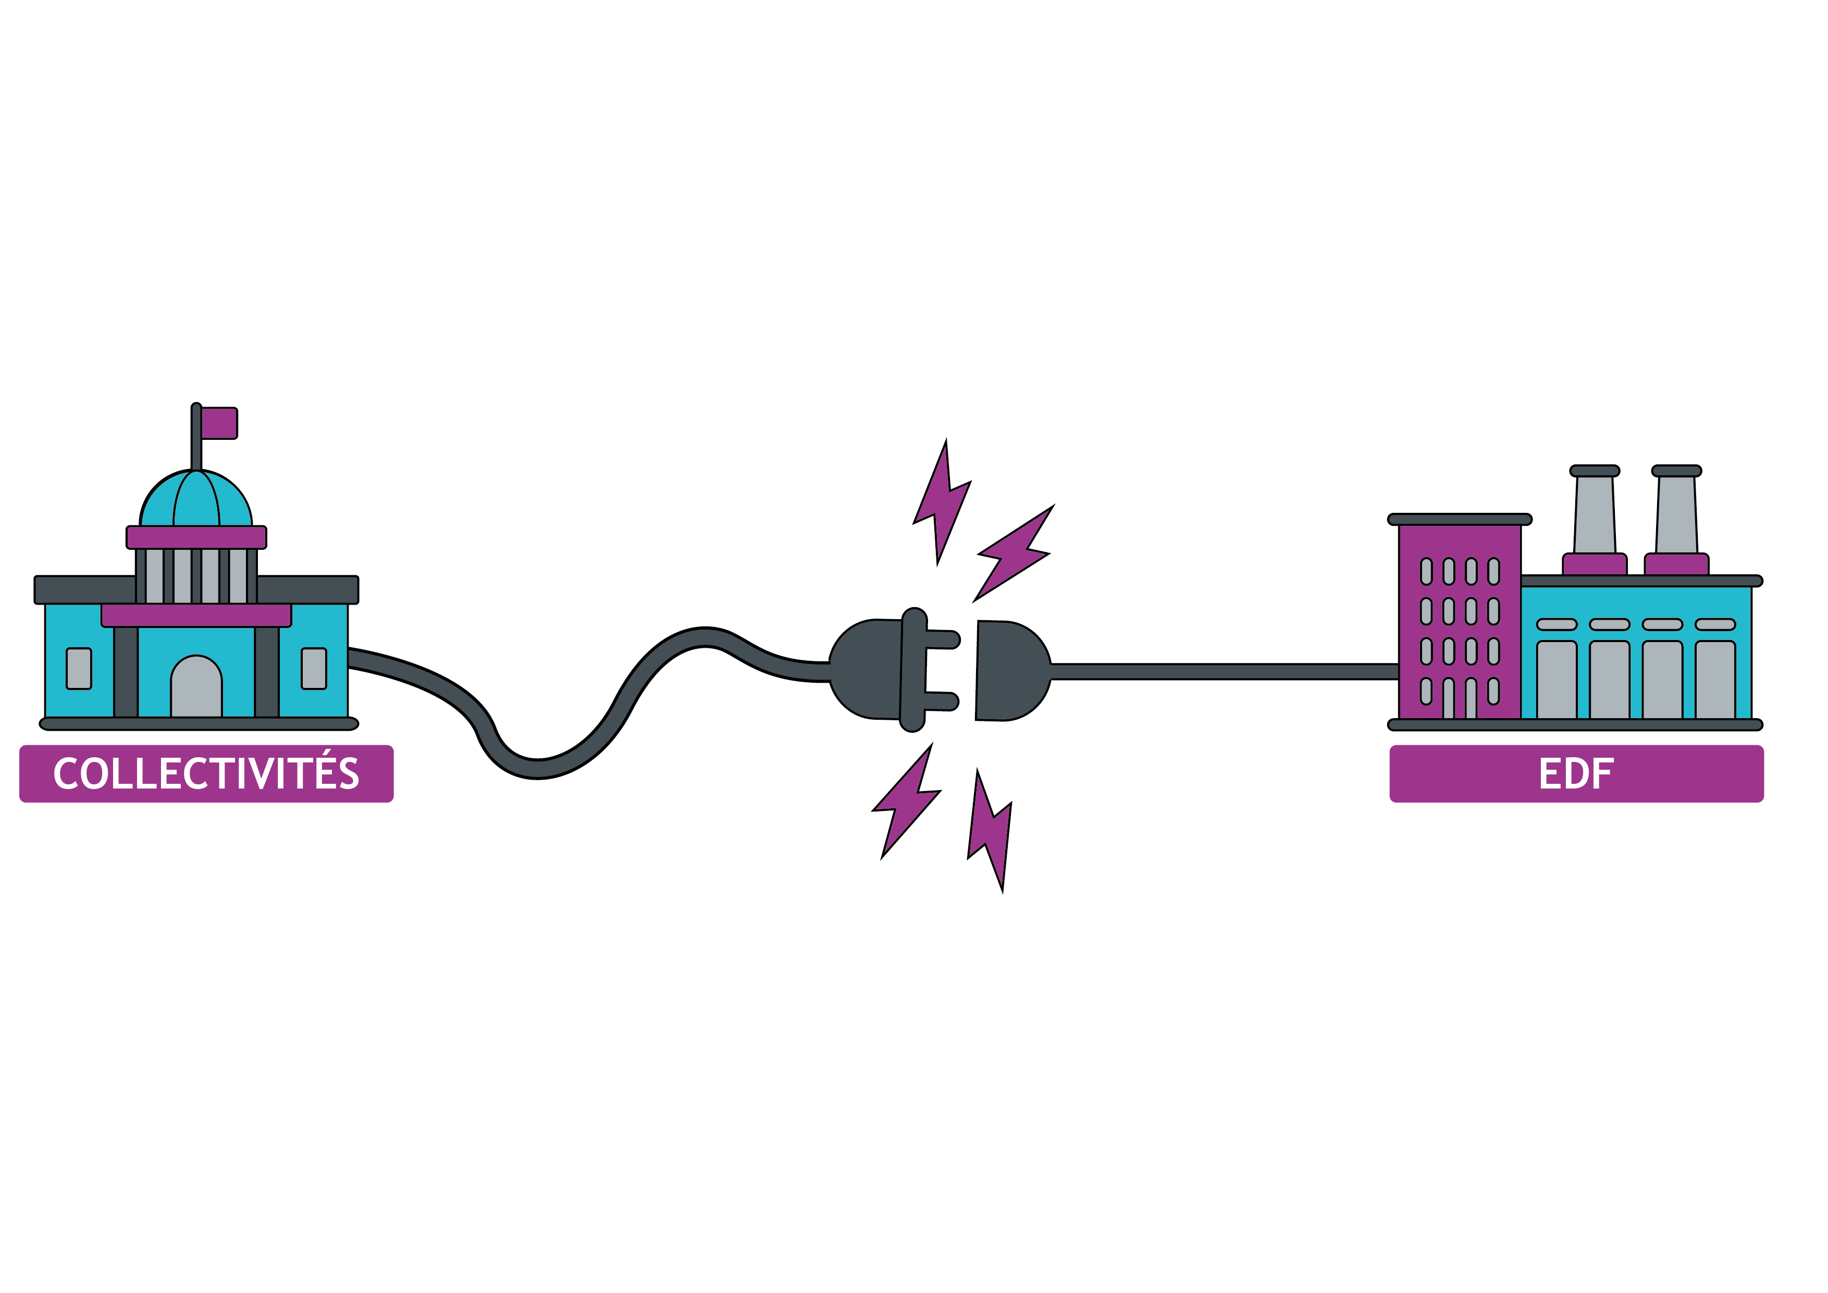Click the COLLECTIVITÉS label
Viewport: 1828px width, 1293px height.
point(206,774)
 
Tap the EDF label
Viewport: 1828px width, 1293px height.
point(1576,774)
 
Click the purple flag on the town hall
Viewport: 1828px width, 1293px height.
point(219,423)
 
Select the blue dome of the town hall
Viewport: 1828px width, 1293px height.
point(196,500)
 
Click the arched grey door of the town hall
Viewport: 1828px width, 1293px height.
point(196,688)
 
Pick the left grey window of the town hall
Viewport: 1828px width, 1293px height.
point(79,669)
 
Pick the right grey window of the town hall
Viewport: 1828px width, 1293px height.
point(314,669)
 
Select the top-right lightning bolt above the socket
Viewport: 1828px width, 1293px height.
point(1015,553)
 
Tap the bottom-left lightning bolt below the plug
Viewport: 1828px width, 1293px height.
point(907,801)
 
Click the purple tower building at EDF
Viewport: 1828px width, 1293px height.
point(1460,621)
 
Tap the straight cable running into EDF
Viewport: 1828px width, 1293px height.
point(1226,671)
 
